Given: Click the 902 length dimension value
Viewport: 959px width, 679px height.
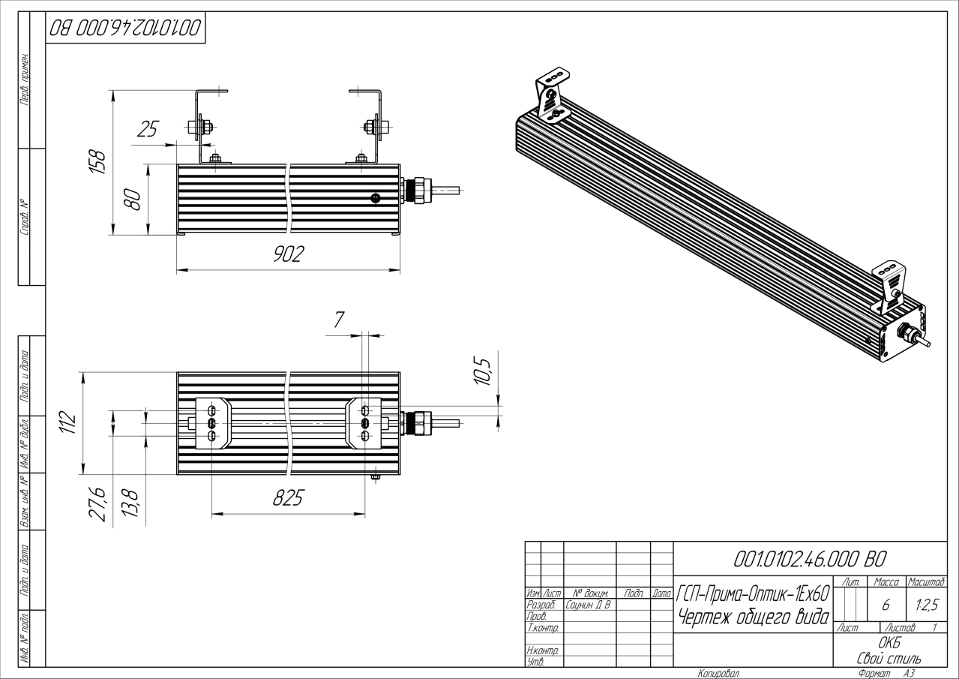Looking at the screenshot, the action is [x=289, y=254].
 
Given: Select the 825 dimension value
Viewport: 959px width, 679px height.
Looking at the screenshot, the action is [x=288, y=497].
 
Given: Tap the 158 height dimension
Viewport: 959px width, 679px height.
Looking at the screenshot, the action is [x=97, y=161].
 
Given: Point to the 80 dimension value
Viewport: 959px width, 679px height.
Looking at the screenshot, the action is [x=132, y=200].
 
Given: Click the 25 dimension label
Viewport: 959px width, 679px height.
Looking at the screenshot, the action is [x=148, y=129].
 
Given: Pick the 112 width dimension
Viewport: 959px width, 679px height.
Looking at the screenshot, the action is [x=67, y=422].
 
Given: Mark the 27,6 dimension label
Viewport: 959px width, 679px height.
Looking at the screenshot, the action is [x=97, y=504].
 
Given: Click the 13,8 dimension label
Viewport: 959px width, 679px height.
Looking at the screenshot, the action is [x=130, y=503].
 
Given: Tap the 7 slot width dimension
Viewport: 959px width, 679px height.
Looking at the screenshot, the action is [x=339, y=320].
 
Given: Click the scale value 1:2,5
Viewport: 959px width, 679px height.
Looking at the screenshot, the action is [x=927, y=605].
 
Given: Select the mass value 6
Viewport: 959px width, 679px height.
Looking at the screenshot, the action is [x=886, y=605].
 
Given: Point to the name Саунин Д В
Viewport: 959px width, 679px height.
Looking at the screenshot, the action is [x=588, y=605].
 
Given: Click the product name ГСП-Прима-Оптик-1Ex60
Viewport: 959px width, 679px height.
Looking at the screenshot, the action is [x=753, y=593].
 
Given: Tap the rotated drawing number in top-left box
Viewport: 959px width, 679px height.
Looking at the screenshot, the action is [x=125, y=28].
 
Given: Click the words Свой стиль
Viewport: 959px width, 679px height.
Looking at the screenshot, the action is [x=889, y=658].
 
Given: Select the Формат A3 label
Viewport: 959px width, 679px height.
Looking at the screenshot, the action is [x=886, y=674].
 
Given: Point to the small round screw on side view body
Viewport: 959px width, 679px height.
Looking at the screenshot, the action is [x=376, y=198].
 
